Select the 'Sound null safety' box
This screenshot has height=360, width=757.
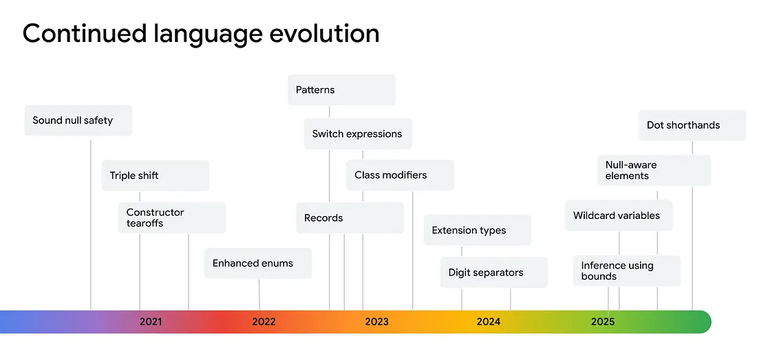pyautogui.click(x=78, y=120)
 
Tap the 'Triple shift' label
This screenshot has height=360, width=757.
pyautogui.click(x=134, y=176)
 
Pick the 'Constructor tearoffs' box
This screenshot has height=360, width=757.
pyautogui.click(x=172, y=218)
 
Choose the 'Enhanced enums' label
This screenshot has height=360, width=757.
pyautogui.click(x=253, y=264)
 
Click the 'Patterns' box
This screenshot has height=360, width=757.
pyautogui.click(x=342, y=89)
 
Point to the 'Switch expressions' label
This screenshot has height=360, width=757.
pyautogui.click(x=357, y=134)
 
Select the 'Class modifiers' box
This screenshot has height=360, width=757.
pyautogui.click(x=401, y=175)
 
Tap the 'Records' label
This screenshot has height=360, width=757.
pyautogui.click(x=323, y=218)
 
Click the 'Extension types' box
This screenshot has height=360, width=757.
pyautogui.click(x=478, y=230)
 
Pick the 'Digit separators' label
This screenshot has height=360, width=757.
pyautogui.click(x=486, y=273)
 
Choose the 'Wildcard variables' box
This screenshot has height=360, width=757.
pyautogui.click(x=619, y=215)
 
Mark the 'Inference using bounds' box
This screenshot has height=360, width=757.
pyautogui.click(x=627, y=271)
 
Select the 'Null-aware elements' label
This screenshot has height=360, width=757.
pyautogui.click(x=631, y=170)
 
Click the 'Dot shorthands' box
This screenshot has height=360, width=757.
pyautogui.click(x=692, y=125)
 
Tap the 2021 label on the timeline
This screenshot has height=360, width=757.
pyautogui.click(x=151, y=322)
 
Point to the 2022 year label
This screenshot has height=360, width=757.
pyautogui.click(x=264, y=322)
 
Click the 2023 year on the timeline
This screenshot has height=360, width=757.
pyautogui.click(x=376, y=322)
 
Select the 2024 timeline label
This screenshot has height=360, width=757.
pyautogui.click(x=489, y=322)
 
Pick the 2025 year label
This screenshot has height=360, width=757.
pyautogui.click(x=603, y=322)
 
